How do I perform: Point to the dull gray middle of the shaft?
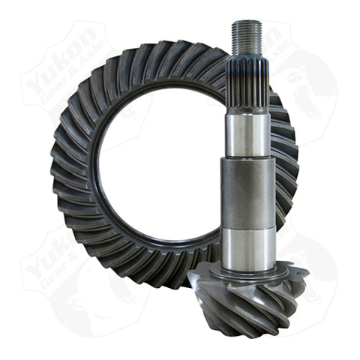pyautogui.click(x=247, y=191)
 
